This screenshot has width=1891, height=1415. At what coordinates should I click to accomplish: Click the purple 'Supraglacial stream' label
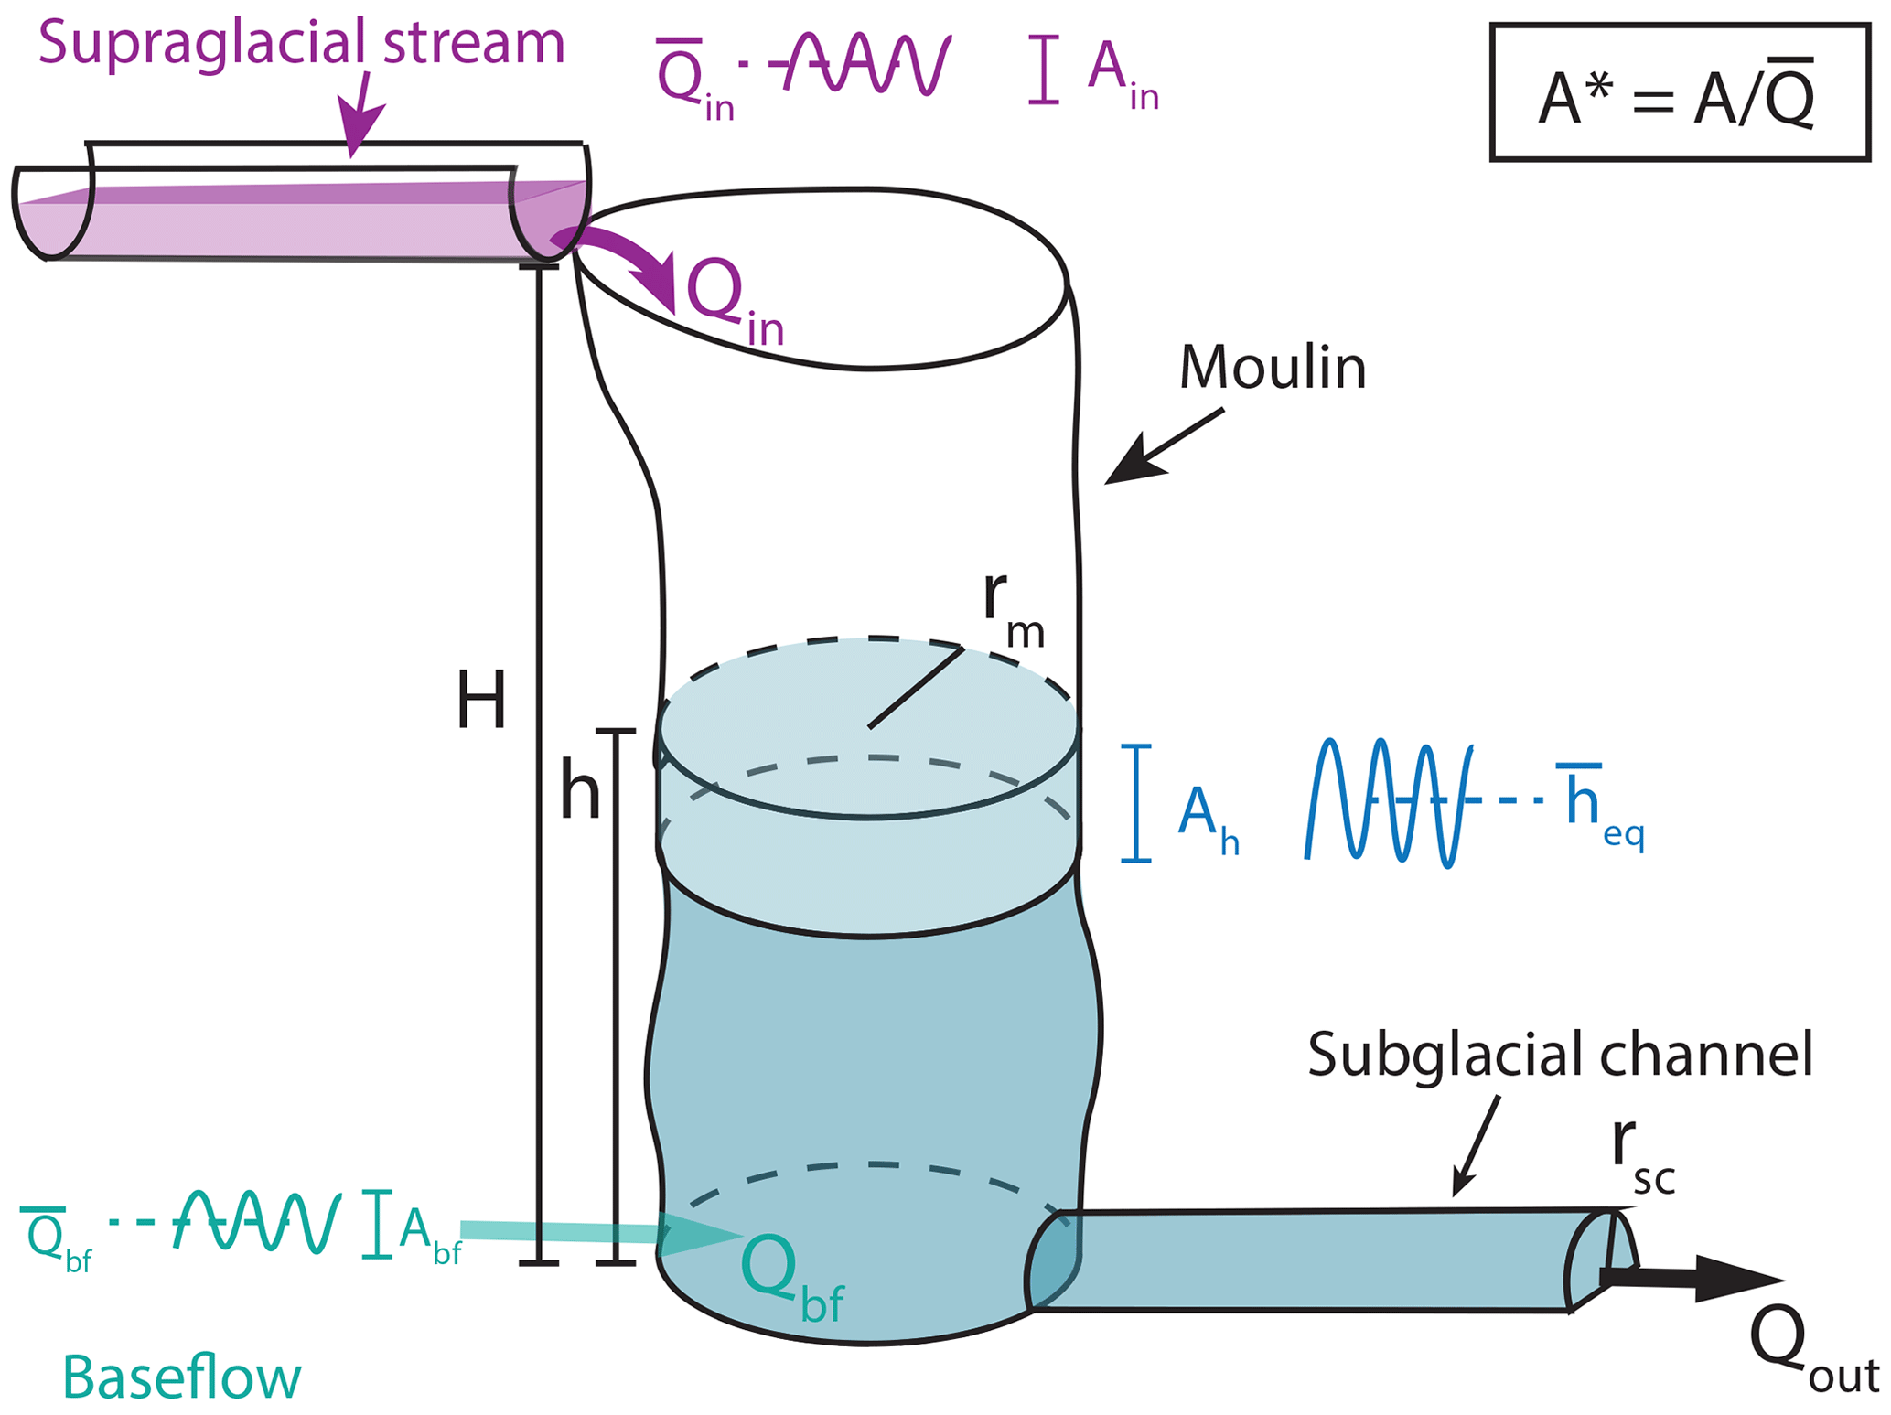(301, 43)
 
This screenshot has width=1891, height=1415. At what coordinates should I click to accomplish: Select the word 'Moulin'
(1272, 368)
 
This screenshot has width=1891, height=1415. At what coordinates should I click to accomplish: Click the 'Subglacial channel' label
(1559, 1054)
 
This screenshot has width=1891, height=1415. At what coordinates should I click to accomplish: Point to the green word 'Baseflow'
(181, 1377)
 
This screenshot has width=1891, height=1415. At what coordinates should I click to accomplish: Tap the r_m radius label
(1011, 608)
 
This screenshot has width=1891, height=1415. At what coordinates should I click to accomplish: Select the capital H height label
(481, 701)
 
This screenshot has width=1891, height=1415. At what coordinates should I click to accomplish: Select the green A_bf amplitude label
(428, 1234)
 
